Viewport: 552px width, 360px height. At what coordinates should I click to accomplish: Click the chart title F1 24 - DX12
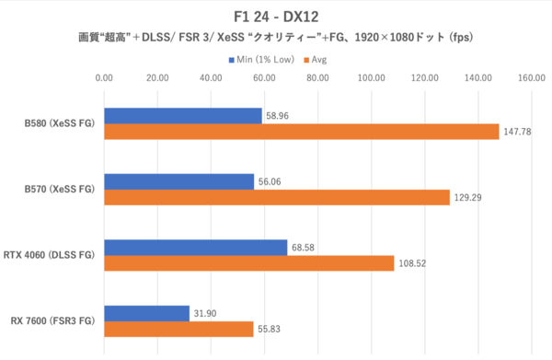tap(276, 17)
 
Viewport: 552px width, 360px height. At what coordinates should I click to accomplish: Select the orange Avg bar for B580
tap(301, 132)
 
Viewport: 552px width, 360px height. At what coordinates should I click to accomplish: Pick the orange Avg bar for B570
tap(276, 197)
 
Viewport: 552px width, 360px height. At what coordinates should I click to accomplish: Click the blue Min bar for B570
tap(178, 181)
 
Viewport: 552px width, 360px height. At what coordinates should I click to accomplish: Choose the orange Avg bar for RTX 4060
tap(248, 262)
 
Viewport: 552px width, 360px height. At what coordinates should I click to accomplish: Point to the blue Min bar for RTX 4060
tap(195, 247)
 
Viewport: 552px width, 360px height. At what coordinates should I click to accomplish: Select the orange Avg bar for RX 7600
tap(178, 328)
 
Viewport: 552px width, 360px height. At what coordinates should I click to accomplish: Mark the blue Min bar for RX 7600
tap(146, 313)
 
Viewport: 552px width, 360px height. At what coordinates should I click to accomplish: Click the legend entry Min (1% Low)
tap(261, 60)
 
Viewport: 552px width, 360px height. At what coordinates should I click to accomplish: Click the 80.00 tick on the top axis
tap(317, 78)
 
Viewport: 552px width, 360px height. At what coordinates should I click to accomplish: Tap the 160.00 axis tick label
tap(532, 78)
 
